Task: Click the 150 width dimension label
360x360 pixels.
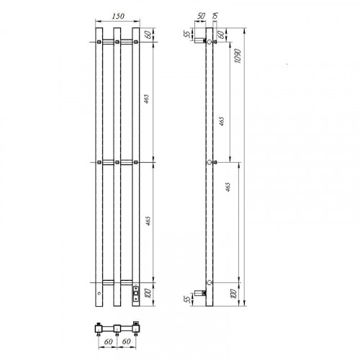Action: (118, 16)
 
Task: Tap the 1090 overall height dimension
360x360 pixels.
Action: (238, 56)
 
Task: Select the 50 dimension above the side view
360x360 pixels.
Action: (201, 16)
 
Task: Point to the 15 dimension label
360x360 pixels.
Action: (215, 16)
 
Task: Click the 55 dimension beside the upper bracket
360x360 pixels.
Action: (188, 34)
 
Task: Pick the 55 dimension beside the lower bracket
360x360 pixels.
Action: (188, 299)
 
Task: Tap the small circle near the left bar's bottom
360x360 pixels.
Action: (99, 293)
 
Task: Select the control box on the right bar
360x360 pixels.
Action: (136, 293)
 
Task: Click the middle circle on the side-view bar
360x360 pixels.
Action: (210, 162)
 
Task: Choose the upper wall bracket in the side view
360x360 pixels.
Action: (200, 41)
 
